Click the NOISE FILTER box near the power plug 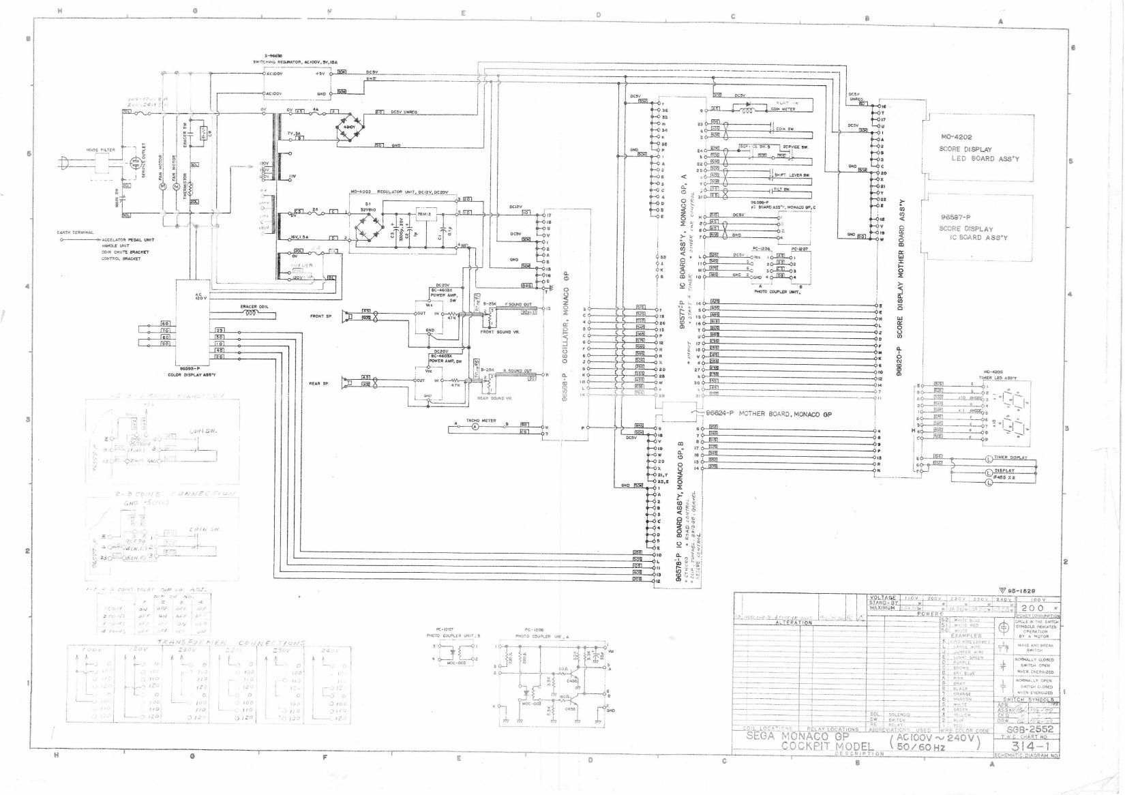[x=101, y=164]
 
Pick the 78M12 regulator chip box [x=424, y=214]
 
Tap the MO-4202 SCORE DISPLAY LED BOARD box [x=977, y=148]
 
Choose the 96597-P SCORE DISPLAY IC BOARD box [x=977, y=228]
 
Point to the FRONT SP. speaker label [x=320, y=316]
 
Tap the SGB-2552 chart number [x=1030, y=729]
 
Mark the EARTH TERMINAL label [x=75, y=232]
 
